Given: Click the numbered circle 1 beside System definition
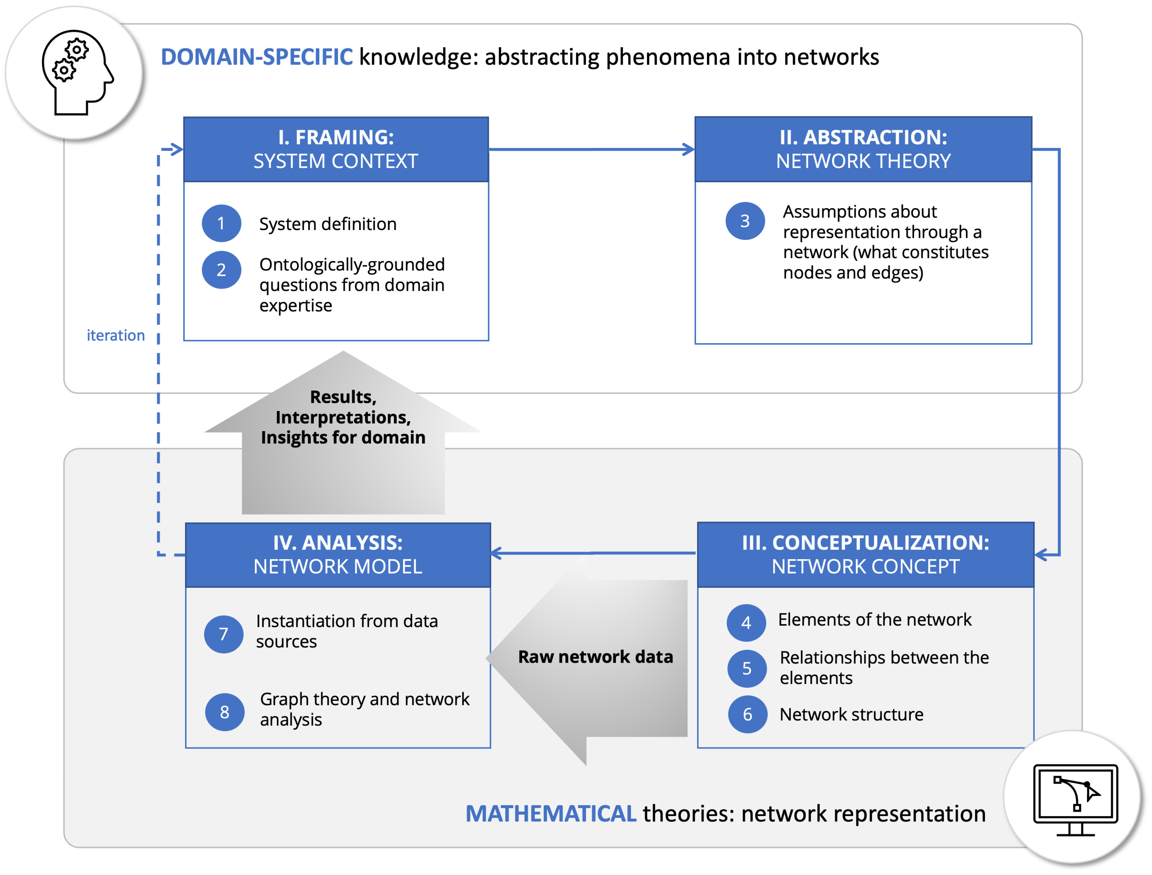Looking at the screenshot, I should pyautogui.click(x=221, y=223).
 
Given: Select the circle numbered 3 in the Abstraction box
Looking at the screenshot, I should pyautogui.click(x=745, y=221).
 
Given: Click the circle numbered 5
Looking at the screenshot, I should pyautogui.click(x=747, y=668).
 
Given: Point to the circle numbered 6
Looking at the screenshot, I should pyautogui.click(x=747, y=714).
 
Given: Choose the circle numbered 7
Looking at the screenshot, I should pyautogui.click(x=224, y=634).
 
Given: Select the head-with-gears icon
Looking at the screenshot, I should pyautogui.click(x=76, y=72).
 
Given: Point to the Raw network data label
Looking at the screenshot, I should pyautogui.click(x=595, y=657).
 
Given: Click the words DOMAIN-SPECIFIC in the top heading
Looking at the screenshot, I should pyautogui.click(x=256, y=57).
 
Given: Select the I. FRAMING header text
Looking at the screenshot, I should pyautogui.click(x=336, y=138).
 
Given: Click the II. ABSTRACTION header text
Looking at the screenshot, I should pyautogui.click(x=863, y=138).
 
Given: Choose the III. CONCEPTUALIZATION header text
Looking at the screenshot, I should pyautogui.click(x=865, y=543).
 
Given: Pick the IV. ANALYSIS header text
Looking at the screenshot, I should pyautogui.click(x=338, y=543).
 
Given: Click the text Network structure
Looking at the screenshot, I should pyautogui.click(x=851, y=714).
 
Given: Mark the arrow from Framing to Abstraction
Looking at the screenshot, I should pyautogui.click(x=592, y=150).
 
